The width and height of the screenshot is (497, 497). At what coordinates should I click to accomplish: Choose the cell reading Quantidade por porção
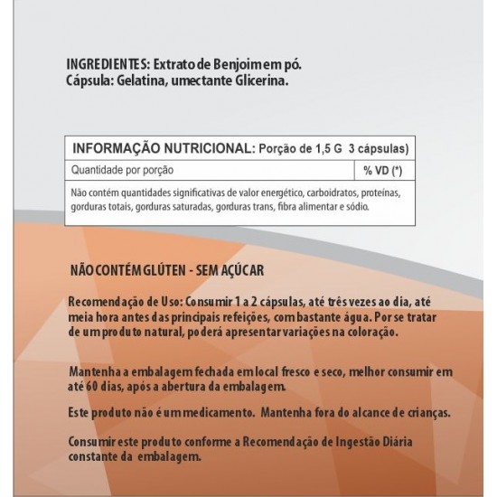click(x=122, y=170)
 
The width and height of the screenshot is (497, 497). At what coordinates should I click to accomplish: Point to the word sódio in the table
click(x=355, y=207)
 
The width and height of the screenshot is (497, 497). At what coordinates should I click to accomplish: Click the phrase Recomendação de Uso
click(x=118, y=302)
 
